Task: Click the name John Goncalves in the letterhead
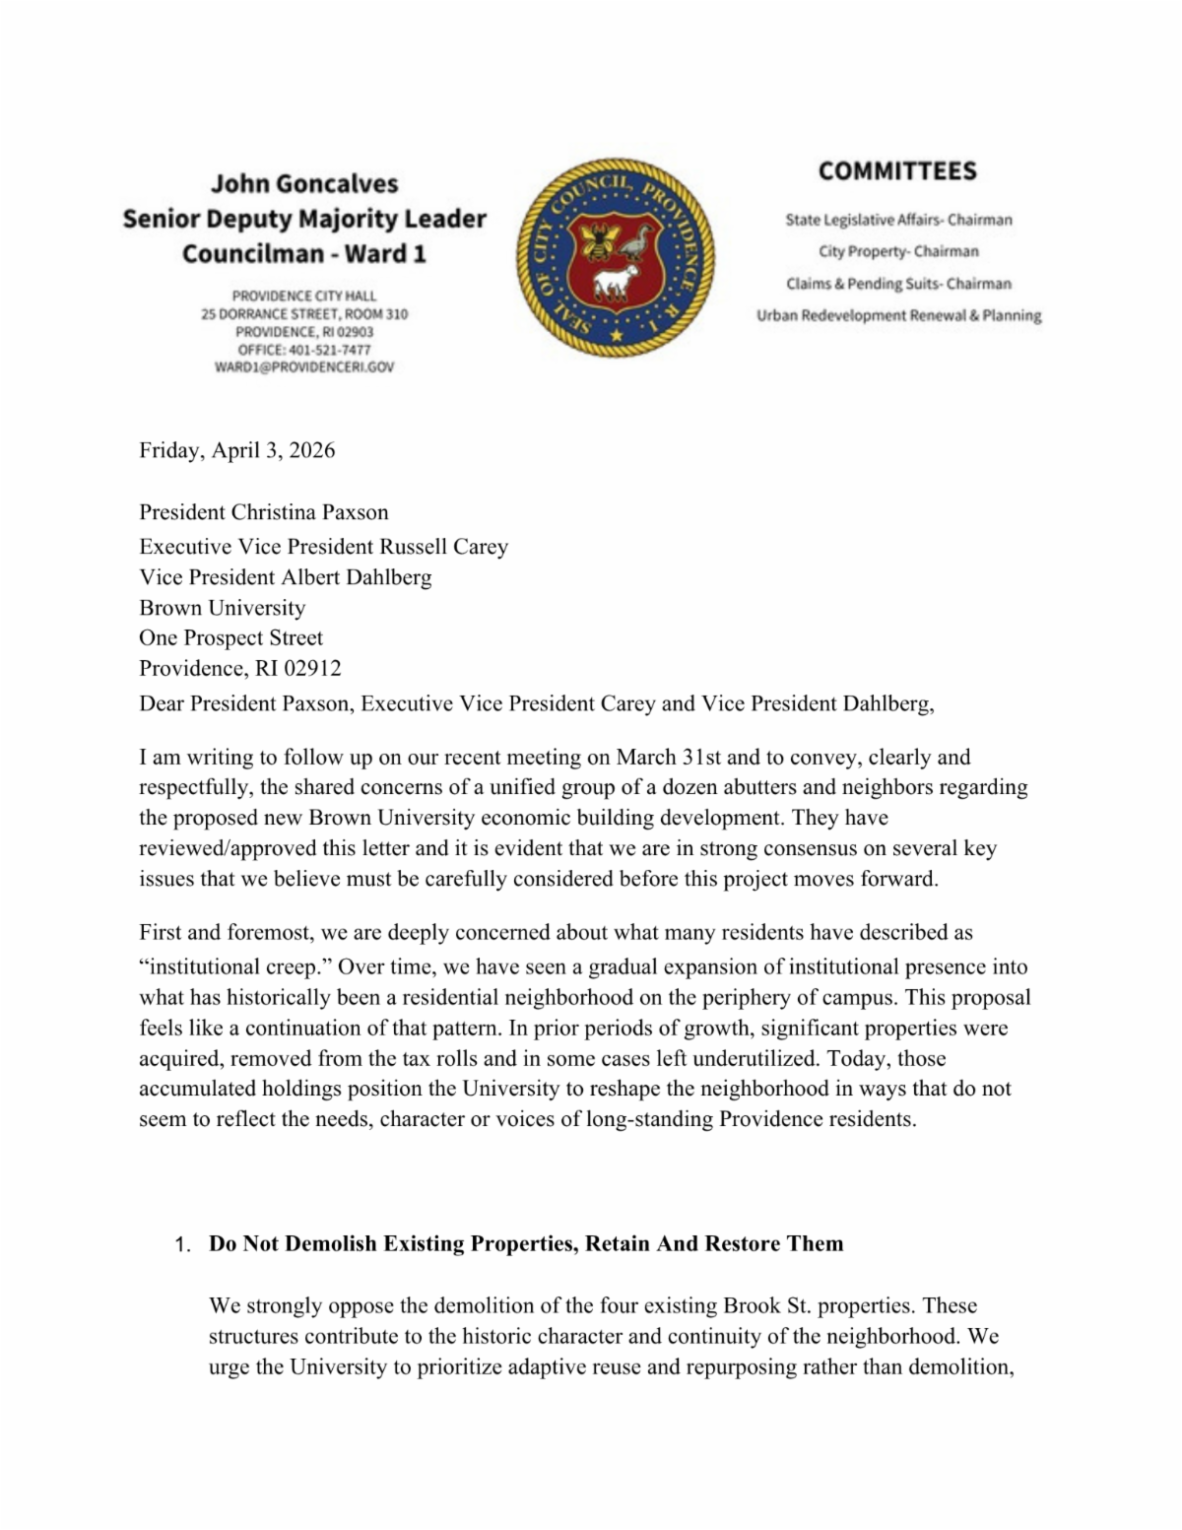(304, 184)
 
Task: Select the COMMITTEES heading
(897, 171)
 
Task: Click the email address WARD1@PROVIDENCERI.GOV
(304, 367)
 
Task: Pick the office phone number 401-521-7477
(330, 350)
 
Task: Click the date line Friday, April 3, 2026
(236, 450)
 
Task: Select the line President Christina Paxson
(263, 512)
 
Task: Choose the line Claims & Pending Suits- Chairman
(898, 284)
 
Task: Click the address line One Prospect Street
(230, 637)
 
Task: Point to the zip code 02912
(312, 668)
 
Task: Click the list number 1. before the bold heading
(182, 1245)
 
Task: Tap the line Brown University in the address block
(222, 607)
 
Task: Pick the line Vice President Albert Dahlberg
(285, 576)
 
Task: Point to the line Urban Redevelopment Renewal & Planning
(898, 315)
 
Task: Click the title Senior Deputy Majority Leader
(304, 219)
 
